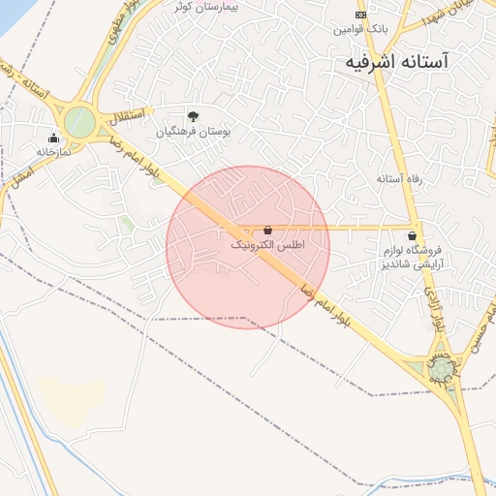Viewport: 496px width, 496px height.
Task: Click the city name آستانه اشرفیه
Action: (406, 61)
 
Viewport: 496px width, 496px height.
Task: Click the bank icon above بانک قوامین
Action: (360, 15)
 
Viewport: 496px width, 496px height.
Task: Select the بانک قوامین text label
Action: (360, 29)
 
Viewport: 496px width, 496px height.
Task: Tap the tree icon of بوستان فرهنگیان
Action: (193, 116)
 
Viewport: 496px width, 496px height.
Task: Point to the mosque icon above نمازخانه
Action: (52, 138)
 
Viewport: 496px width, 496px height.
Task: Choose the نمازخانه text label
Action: (55, 151)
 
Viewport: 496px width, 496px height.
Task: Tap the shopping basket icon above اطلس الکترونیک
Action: (267, 231)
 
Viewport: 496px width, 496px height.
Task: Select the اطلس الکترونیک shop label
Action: (267, 246)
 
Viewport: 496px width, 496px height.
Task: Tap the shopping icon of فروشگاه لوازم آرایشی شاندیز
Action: (414, 235)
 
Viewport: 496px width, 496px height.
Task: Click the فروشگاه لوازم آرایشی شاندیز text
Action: (415, 258)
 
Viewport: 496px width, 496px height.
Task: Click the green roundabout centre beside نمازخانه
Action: (79, 122)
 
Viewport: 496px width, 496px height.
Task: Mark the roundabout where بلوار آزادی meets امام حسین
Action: (441, 370)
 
